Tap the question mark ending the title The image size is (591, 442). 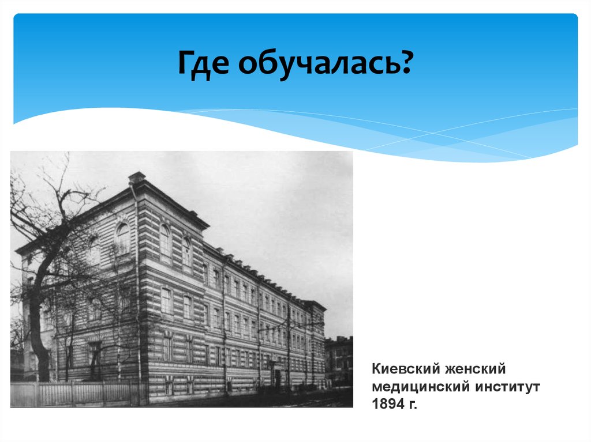pyautogui.click(x=406, y=63)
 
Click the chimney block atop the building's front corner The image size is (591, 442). pyautogui.click(x=137, y=177)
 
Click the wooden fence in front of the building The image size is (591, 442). pyautogui.click(x=75, y=394)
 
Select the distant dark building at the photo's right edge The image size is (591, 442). pyautogui.click(x=339, y=360)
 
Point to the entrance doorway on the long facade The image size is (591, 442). pyautogui.click(x=277, y=377)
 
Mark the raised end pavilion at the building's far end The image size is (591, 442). pyautogui.click(x=315, y=340)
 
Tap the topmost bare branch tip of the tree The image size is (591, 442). pyautogui.click(x=65, y=157)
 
